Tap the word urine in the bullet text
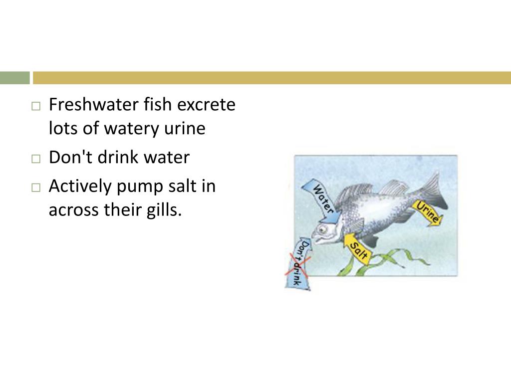(x=185, y=129)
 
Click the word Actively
(x=80, y=187)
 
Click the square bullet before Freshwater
(x=35, y=106)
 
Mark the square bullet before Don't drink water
(x=35, y=159)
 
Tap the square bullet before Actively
(x=35, y=188)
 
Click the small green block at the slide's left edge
(x=14, y=78)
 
